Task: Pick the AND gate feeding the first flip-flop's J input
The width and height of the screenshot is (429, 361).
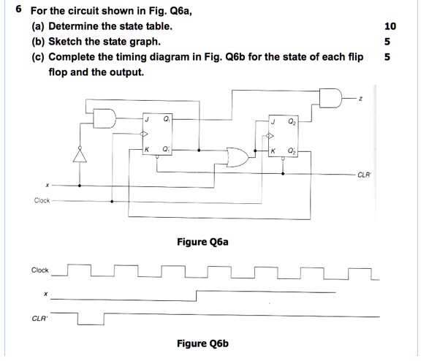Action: click(103, 118)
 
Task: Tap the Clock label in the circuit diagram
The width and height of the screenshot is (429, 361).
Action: click(42, 200)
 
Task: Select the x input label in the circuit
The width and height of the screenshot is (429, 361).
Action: click(48, 186)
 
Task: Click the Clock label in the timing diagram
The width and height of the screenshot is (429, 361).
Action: click(41, 270)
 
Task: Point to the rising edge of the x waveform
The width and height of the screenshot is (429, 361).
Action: click(196, 294)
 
